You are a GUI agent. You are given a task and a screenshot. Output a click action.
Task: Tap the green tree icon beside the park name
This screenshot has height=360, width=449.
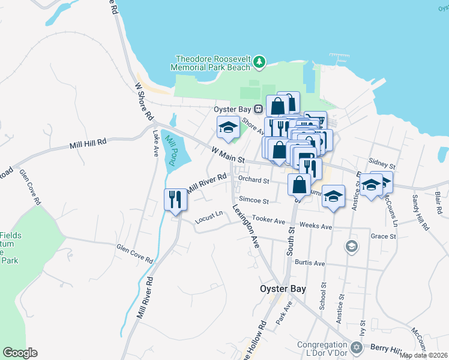[x=259, y=61]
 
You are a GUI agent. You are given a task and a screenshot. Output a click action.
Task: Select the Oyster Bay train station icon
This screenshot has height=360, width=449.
[x=258, y=109]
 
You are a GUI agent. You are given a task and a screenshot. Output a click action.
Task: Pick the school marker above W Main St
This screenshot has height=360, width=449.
[x=228, y=127]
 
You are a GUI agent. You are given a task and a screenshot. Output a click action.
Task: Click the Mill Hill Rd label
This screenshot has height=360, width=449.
[x=88, y=143]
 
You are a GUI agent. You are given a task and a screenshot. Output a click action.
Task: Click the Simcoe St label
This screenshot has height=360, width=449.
[x=254, y=200]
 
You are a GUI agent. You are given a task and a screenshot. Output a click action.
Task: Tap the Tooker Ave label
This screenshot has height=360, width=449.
[x=268, y=220]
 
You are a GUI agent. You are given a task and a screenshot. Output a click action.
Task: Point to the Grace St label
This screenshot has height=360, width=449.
[x=383, y=236]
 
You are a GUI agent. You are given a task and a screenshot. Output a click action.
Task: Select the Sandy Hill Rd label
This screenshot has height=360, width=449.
[x=420, y=212]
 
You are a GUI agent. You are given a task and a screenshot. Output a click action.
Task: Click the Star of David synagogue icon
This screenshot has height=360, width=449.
[x=355, y=347]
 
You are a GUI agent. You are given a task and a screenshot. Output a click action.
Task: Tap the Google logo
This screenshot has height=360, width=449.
[x=20, y=353]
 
